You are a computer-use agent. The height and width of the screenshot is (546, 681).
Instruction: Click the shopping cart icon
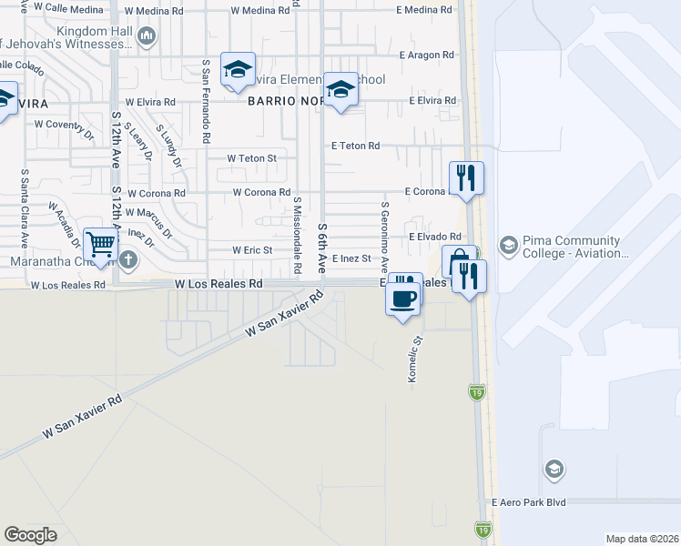pos(100,244)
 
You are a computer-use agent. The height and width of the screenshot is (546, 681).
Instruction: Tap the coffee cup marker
pos(403,298)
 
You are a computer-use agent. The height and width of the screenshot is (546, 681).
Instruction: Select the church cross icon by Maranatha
pos(128,260)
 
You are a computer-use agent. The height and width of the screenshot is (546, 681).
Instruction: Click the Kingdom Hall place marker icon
pos(147,35)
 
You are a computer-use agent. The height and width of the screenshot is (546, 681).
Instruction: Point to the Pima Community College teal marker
pos(508,246)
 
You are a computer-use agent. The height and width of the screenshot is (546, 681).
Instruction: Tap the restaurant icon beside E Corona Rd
pos(466,177)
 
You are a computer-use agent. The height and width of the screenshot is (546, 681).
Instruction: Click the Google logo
pos(30,535)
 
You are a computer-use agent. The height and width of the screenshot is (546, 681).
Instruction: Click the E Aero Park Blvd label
pos(529,502)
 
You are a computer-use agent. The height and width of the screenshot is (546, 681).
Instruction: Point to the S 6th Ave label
pos(322,248)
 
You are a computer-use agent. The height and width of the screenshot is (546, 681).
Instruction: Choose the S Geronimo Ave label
pos(385,237)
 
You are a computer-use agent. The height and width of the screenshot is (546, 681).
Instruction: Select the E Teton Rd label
pos(355,146)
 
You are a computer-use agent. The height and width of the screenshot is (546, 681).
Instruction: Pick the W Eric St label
pos(252,250)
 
